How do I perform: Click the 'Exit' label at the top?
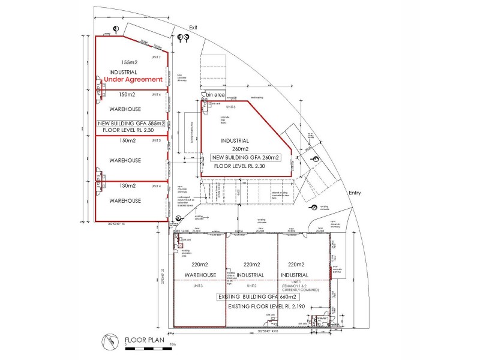tap(193, 28)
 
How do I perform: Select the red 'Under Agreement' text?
tap(133, 79)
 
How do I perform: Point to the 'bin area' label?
tap(215, 95)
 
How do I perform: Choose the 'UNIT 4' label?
tap(156, 185)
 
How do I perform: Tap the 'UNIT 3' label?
tap(199, 286)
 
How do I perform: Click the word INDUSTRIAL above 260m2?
tap(235, 141)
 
